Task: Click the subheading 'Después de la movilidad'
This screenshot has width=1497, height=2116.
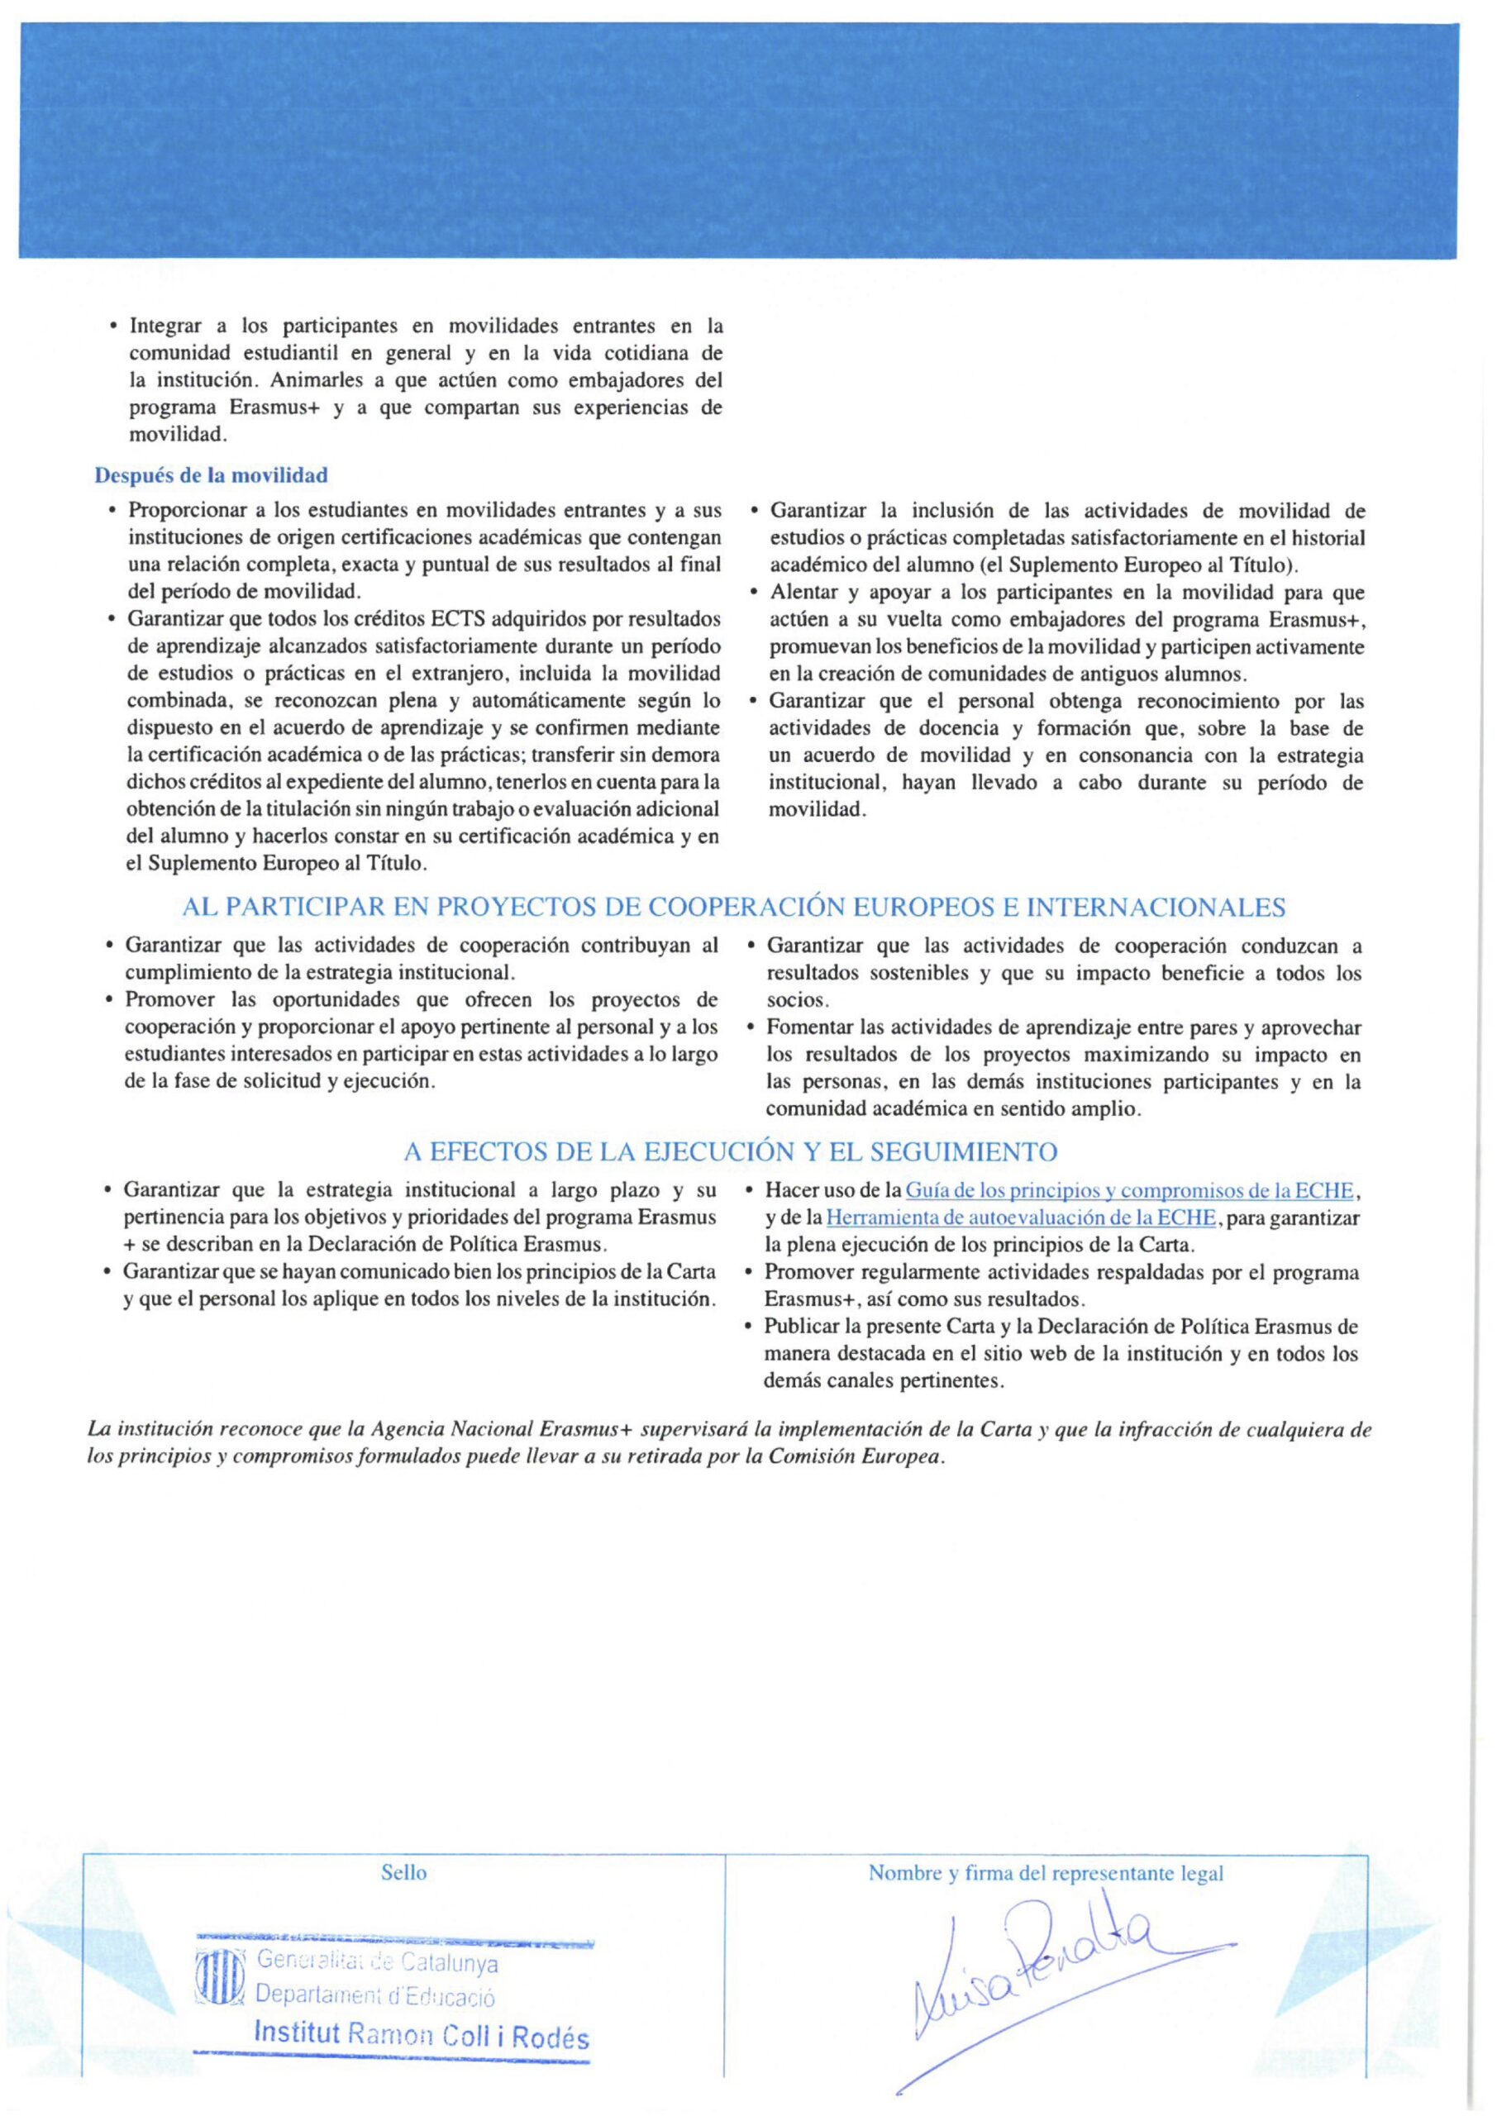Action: pos(211,475)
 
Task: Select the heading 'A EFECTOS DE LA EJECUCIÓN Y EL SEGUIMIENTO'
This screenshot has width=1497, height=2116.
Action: pos(730,1152)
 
